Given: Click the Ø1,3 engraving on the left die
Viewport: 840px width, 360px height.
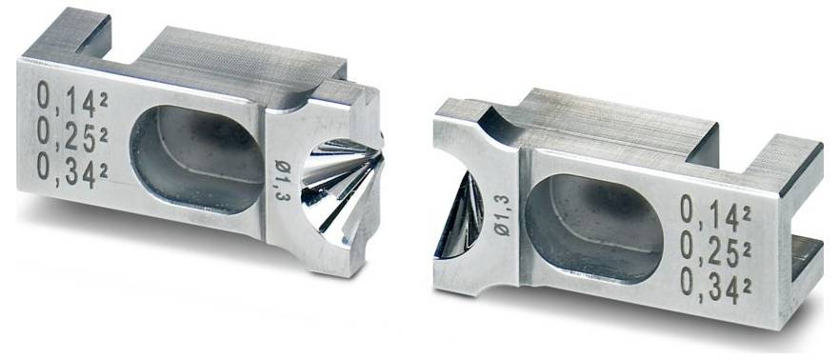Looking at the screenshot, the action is click(x=280, y=180).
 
